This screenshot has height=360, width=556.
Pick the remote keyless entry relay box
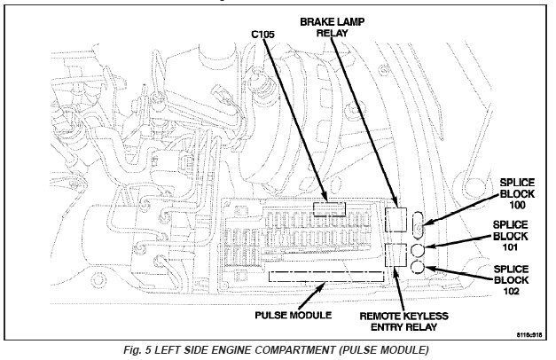tap(396, 256)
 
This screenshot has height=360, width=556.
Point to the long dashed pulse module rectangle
tap(326, 276)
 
